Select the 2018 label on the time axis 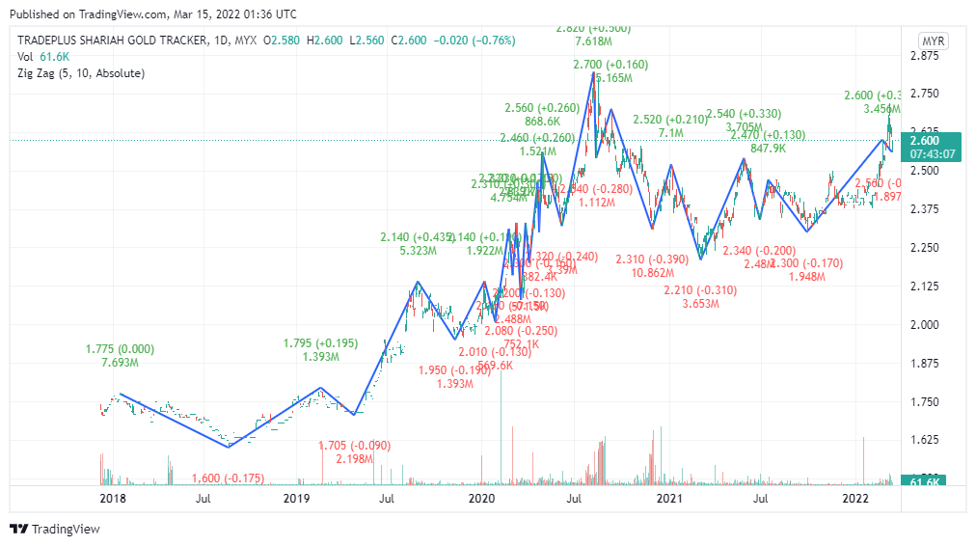click(x=113, y=499)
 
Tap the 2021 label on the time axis click(x=669, y=499)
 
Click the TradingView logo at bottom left click(x=55, y=529)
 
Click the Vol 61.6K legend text click(x=40, y=57)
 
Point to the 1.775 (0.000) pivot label click(x=120, y=349)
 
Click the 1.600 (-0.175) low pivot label click(x=229, y=478)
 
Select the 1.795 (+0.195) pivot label click(x=319, y=343)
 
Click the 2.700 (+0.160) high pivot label click(x=610, y=64)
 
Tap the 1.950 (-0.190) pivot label click(x=454, y=370)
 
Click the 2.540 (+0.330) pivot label click(x=744, y=114)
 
